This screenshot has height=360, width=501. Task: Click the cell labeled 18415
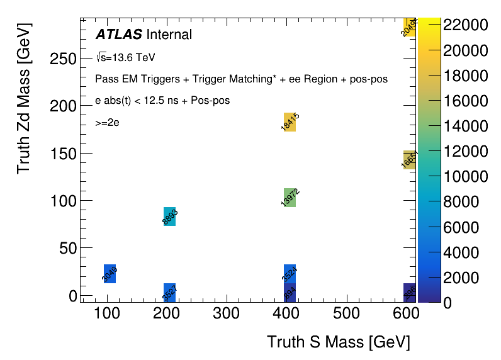[290, 122]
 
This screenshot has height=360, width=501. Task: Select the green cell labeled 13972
[290, 198]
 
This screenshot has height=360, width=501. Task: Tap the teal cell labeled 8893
[169, 217]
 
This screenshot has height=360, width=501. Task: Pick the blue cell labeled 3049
[110, 273]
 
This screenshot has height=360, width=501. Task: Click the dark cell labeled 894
[290, 293]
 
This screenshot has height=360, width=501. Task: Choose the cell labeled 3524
[290, 274]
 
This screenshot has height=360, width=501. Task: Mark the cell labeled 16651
[409, 160]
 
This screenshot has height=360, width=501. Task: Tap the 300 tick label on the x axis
[226, 314]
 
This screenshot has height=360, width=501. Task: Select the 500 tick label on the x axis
[345, 314]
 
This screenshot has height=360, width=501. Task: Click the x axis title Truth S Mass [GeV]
[339, 342]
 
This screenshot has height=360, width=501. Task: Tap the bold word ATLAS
[118, 35]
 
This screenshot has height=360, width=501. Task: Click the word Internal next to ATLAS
[169, 35]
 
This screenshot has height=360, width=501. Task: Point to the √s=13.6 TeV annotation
[125, 57]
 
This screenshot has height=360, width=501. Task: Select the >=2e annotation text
[107, 123]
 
